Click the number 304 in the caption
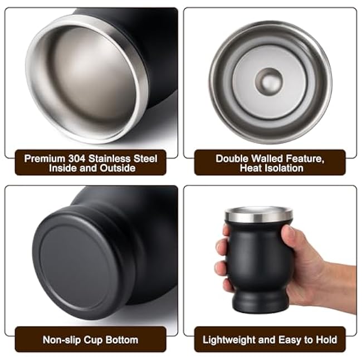click(x=77, y=159)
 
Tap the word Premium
click(x=45, y=159)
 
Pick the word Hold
click(x=326, y=340)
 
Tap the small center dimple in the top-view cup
click(x=269, y=82)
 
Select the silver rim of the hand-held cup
click(x=259, y=215)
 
